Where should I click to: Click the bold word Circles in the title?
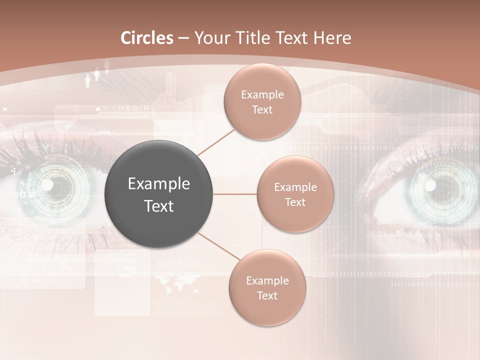coord(147,38)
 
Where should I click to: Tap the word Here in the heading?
coord(332,38)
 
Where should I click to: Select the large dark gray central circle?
coord(159,194)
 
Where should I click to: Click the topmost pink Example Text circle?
coord(262,101)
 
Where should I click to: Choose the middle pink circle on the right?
coord(295,194)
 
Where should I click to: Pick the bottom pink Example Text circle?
coord(267,288)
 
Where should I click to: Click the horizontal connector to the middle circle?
coord(235,194)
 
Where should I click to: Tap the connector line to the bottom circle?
coord(219,246)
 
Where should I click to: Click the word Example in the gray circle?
coord(159,184)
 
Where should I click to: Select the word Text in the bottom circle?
coord(267,295)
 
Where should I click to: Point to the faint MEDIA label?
coord(133,108)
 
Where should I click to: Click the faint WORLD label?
coord(178,263)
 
